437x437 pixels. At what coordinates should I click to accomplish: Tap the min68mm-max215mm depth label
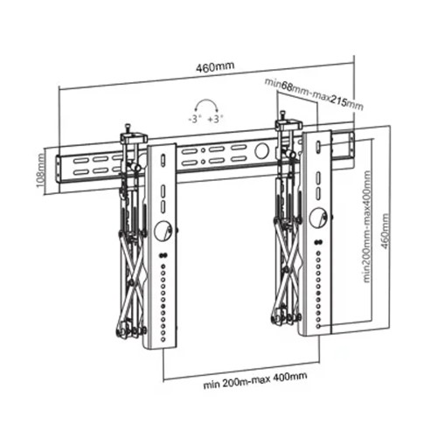[313, 92]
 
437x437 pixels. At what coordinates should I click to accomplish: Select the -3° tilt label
[194, 117]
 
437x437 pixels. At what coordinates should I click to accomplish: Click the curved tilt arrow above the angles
[205, 102]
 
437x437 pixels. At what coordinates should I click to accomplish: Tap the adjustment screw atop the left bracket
[128, 128]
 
